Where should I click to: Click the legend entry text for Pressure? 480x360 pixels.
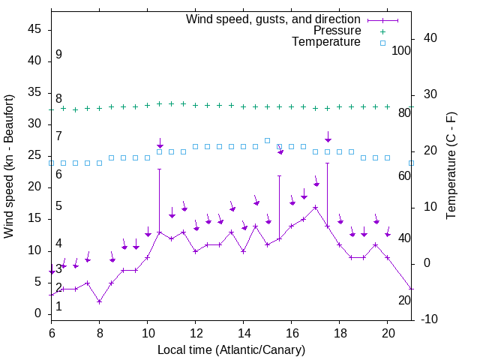pos(338,31)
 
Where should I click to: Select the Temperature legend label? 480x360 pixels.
pos(326,42)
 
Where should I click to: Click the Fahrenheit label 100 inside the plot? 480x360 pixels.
pos(402,51)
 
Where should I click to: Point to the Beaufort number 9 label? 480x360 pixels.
pos(58,55)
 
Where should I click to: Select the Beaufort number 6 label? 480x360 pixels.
pos(58,174)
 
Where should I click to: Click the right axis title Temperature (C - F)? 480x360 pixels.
pos(451,166)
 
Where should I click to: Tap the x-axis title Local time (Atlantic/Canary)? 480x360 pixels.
pos(231,349)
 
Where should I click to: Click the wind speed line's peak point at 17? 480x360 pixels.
pos(315,207)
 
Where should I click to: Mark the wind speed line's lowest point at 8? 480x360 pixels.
pos(99,301)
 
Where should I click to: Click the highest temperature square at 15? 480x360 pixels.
pos(267,140)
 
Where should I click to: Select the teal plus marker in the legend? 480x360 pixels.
pos(382,31)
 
